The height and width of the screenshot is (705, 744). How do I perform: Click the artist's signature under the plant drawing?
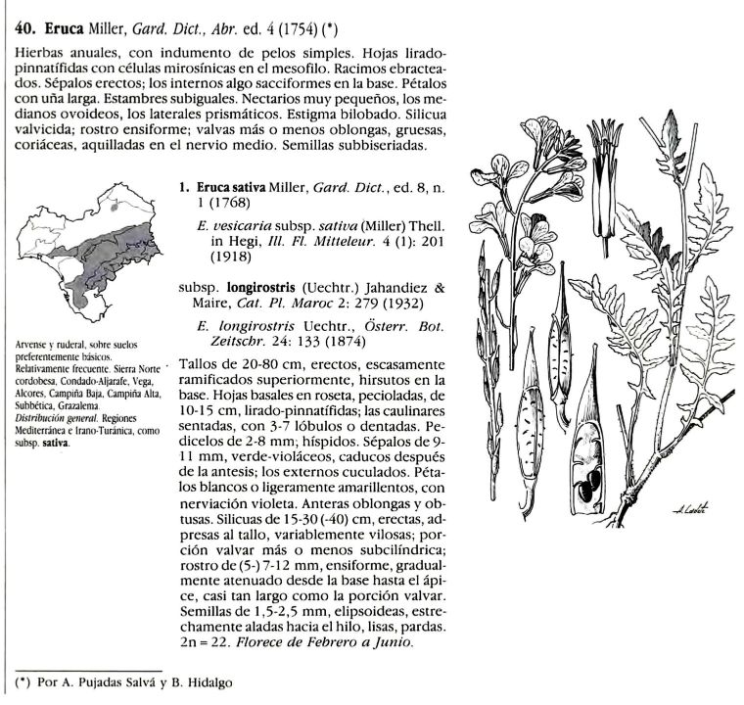point(690,506)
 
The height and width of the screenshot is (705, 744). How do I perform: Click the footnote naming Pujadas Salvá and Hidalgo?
point(137,681)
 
